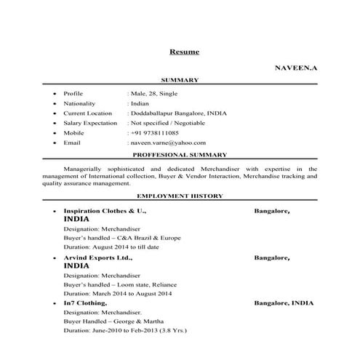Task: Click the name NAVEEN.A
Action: tap(296, 67)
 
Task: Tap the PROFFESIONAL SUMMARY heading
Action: tap(180, 155)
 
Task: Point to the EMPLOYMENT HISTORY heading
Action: tap(180, 196)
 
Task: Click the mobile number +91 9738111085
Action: tap(155, 133)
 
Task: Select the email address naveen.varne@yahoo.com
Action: tap(169, 143)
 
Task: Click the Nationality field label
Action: tap(79, 104)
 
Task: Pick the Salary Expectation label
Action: tap(90, 124)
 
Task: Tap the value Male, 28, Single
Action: tap(153, 94)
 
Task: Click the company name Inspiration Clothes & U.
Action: tap(105, 210)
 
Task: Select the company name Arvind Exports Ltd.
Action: tap(98, 257)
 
